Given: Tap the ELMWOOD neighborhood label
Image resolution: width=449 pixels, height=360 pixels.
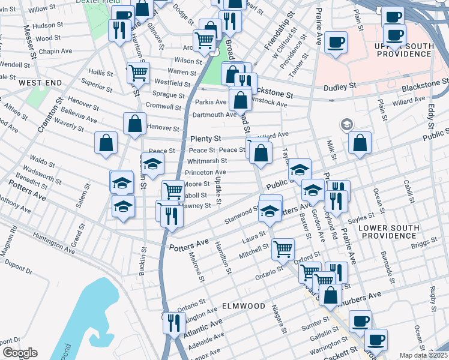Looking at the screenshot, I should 244,306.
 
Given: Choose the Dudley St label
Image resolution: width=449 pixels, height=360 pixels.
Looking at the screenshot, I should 340,88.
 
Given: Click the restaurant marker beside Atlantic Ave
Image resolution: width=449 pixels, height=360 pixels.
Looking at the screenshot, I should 172,323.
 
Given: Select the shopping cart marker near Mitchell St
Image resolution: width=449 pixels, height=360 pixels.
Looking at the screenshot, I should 283,248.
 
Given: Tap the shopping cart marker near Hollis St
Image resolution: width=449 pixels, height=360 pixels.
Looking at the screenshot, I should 138,73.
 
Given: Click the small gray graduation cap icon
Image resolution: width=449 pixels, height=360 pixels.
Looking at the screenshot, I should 346,125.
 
